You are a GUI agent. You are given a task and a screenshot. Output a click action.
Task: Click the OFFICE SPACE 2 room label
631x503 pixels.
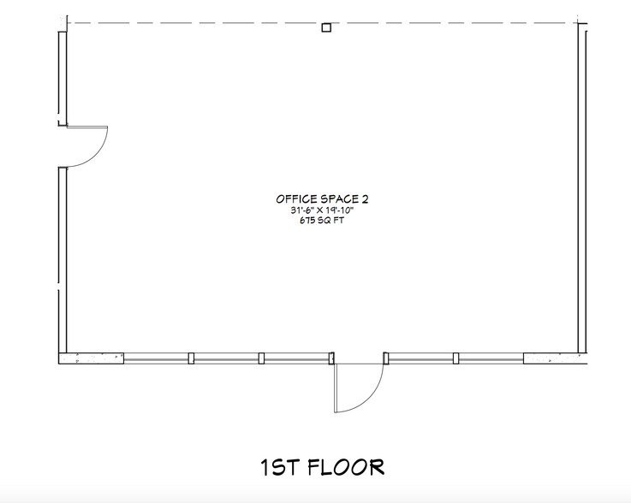(322, 199)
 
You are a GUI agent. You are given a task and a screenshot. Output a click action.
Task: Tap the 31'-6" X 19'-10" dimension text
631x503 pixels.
(322, 210)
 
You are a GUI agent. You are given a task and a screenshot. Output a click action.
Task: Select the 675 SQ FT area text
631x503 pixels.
(322, 221)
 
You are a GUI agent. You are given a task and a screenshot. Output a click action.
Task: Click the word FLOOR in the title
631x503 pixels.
(346, 467)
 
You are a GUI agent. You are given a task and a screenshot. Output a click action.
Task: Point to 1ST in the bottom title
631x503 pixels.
(280, 467)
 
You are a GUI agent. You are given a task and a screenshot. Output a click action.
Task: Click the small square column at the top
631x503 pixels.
(326, 27)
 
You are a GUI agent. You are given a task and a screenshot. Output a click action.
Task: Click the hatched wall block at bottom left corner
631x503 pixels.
(92, 358)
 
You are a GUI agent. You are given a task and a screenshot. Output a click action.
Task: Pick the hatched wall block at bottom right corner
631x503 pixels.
(556, 358)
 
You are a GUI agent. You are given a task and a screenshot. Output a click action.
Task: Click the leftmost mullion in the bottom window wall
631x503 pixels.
(191, 358)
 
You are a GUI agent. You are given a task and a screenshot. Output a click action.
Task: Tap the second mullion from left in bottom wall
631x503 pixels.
(262, 358)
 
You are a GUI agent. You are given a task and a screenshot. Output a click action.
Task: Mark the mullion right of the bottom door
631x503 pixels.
(456, 358)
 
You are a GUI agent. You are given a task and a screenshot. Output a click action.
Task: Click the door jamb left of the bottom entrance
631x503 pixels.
(331, 358)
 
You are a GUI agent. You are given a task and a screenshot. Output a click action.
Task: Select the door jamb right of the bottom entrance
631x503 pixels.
(386, 358)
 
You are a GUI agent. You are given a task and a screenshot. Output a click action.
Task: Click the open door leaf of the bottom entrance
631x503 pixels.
(336, 388)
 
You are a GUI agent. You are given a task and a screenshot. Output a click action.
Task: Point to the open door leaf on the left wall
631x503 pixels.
(87, 127)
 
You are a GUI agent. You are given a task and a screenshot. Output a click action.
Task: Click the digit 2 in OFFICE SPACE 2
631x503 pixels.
(365, 199)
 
